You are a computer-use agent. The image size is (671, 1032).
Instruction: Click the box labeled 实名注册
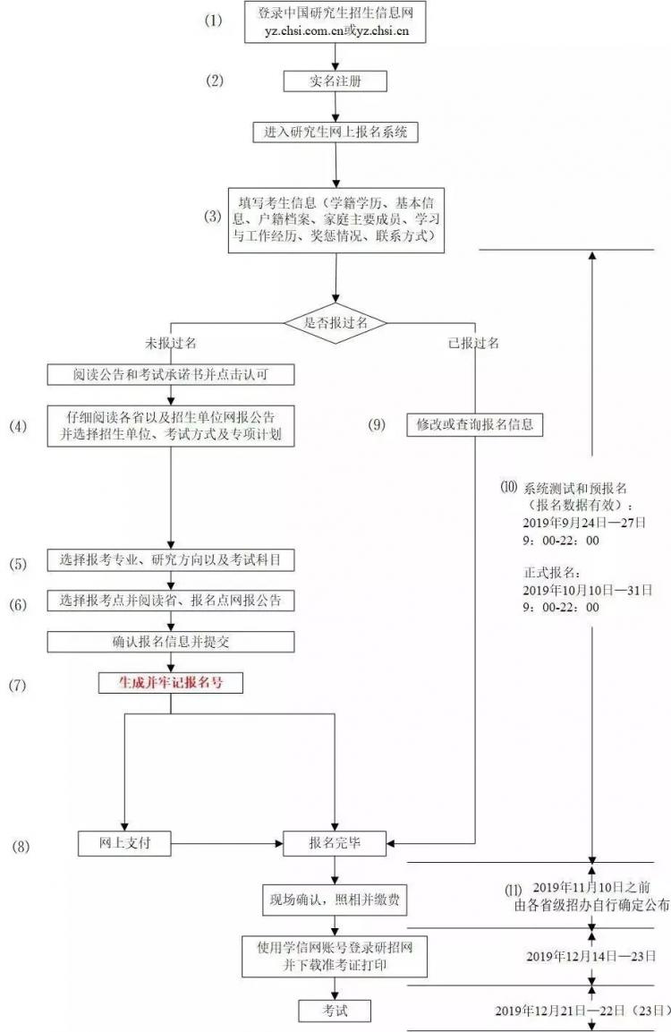335,81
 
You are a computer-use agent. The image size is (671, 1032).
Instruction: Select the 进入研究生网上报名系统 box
335,132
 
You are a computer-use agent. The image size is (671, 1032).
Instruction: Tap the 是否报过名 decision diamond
335,322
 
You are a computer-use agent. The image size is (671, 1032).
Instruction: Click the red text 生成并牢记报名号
170,683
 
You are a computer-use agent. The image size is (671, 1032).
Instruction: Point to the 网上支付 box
124,843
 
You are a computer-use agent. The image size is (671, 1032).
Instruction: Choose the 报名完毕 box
335,843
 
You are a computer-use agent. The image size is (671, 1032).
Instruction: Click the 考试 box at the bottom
335,1011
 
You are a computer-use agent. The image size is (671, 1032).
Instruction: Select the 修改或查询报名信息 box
475,424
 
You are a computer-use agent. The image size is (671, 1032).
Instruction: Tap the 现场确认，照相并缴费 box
335,900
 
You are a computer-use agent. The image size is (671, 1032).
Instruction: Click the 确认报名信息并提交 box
170,642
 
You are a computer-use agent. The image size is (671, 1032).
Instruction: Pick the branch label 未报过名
170,343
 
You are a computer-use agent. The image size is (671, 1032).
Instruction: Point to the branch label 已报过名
473,343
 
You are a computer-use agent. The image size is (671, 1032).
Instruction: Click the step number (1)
214,21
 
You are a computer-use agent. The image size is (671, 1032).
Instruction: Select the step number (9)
377,424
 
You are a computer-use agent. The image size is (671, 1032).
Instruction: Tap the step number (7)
18,685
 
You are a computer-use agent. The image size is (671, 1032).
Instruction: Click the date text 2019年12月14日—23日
590,956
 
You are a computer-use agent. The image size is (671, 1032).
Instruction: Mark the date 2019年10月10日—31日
588,591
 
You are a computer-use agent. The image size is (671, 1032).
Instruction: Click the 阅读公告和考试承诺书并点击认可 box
170,374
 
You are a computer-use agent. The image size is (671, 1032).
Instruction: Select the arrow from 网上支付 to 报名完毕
227,843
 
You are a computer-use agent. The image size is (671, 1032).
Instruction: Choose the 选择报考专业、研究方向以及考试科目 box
170,560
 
